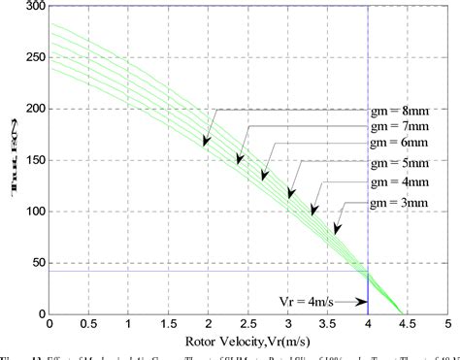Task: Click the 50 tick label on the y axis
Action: tap(37, 263)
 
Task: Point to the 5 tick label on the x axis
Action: tap(447, 324)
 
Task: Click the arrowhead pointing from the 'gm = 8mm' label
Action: tap(207, 144)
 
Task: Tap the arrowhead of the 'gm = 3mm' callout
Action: tap(336, 230)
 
